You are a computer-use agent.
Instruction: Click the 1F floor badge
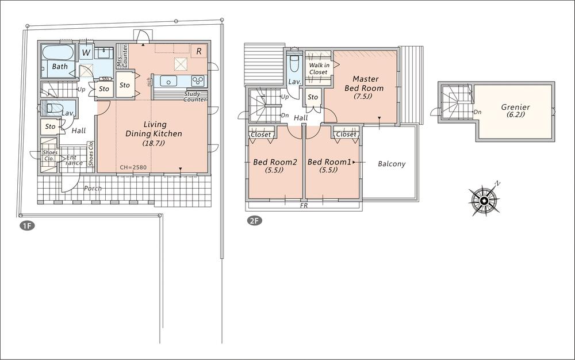27,225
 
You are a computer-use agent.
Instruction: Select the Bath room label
60,67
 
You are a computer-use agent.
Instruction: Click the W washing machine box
86,53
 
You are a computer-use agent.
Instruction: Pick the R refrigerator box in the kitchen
198,51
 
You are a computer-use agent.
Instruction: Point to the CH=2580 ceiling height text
133,167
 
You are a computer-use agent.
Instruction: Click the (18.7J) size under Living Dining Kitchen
154,143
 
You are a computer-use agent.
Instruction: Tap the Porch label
93,188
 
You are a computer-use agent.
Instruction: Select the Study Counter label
195,97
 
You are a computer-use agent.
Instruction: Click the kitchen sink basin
168,81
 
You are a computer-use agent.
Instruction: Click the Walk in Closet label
319,69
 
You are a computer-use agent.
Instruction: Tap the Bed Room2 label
275,162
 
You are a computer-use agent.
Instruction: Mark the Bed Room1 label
329,162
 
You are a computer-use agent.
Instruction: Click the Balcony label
392,164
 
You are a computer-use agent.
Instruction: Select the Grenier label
515,107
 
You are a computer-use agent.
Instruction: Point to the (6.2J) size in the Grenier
515,114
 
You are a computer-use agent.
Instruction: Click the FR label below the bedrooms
303,205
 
